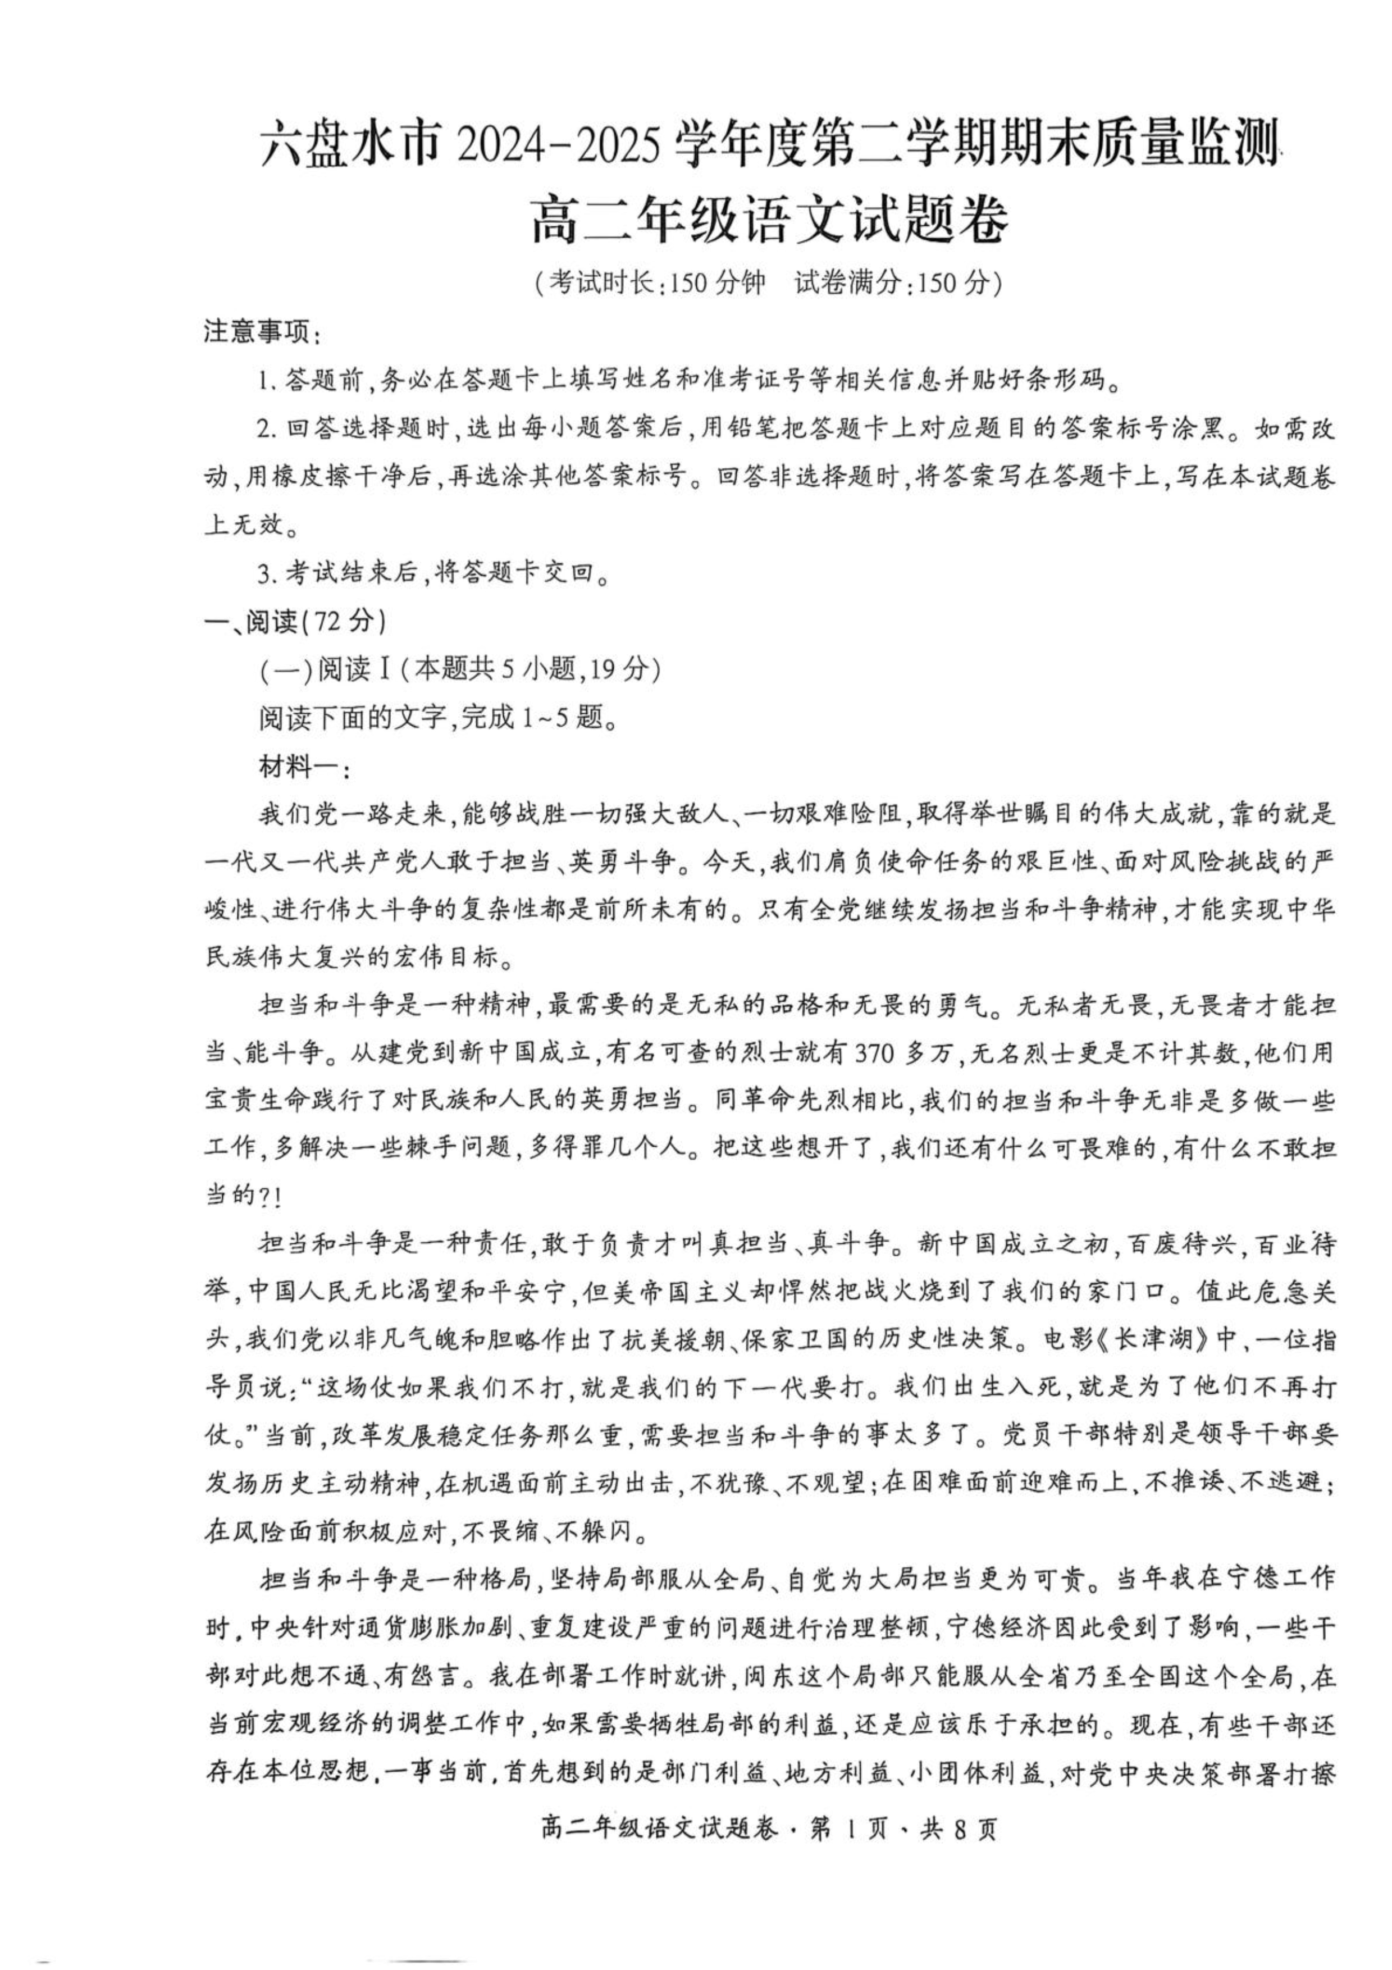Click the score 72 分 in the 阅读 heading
[344, 621]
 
